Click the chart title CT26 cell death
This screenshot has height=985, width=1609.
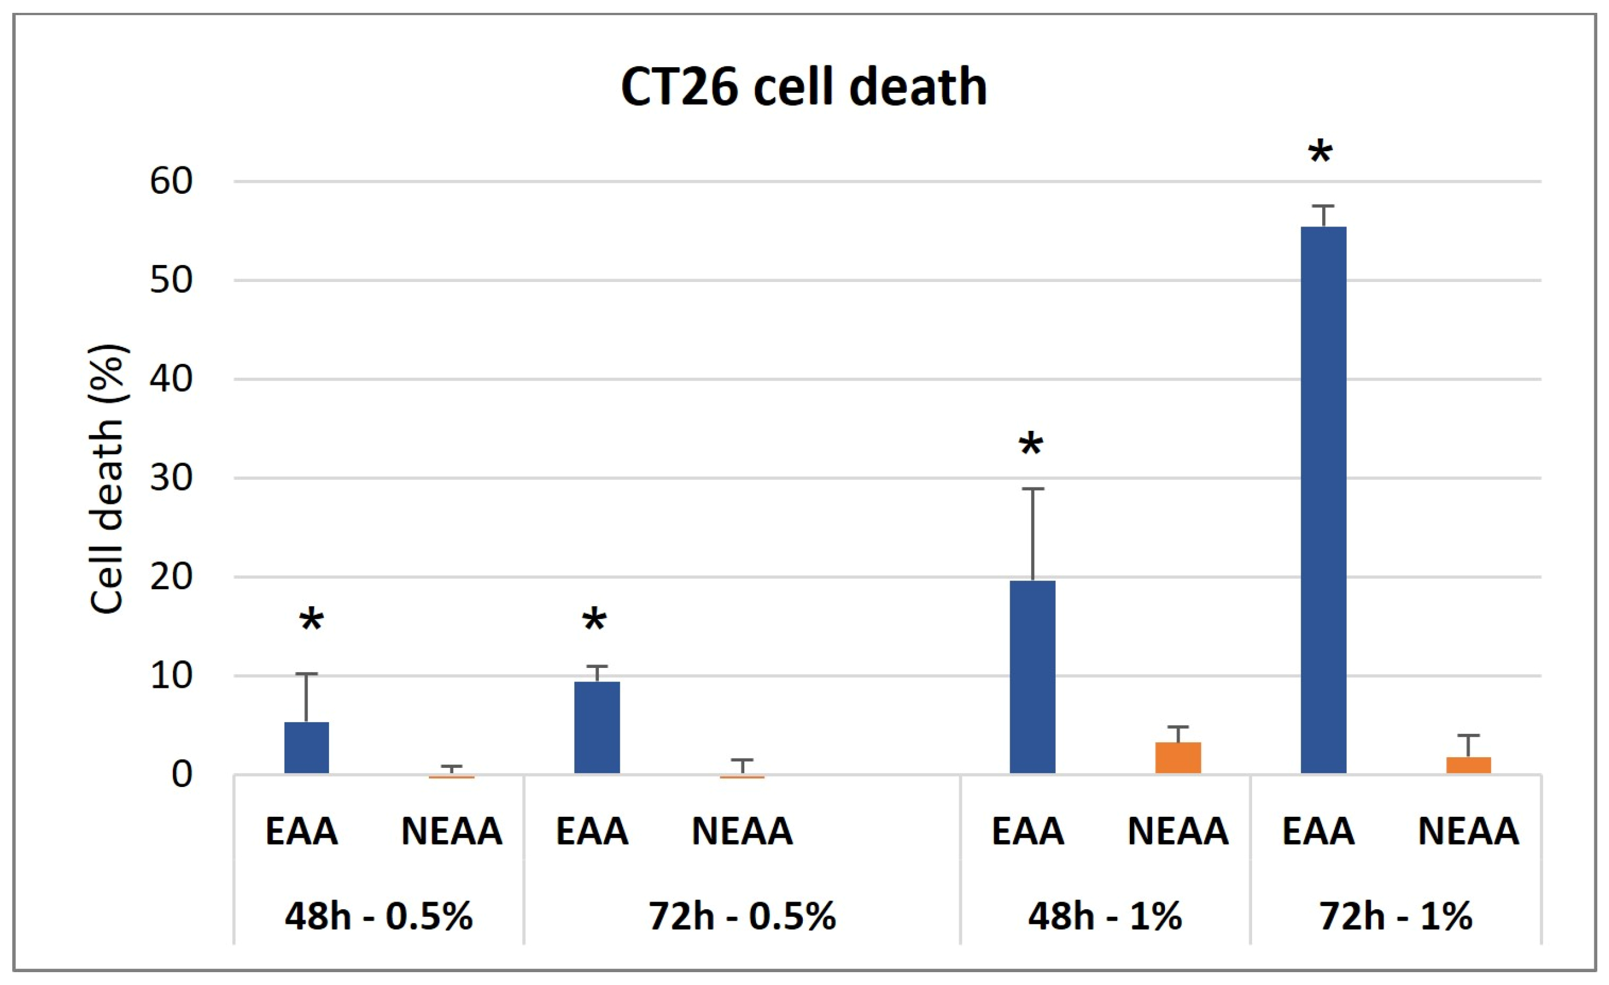click(803, 87)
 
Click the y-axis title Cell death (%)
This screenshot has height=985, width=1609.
click(107, 480)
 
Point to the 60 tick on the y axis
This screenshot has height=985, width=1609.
click(171, 181)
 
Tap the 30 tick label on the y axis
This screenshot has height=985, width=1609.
click(171, 478)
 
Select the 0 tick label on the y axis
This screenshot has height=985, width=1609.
click(182, 775)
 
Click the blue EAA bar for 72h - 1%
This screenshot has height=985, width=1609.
click(1323, 499)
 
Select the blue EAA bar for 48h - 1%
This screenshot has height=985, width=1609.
click(1032, 677)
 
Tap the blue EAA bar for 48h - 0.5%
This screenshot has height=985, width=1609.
click(306, 747)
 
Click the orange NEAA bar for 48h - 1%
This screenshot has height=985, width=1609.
click(1178, 758)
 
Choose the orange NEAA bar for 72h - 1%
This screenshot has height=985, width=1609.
click(1469, 765)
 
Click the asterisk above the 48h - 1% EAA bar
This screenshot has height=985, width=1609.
click(1031, 447)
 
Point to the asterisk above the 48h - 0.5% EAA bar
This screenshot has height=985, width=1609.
click(311, 621)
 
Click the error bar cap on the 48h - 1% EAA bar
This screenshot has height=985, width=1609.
click(1032, 489)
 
